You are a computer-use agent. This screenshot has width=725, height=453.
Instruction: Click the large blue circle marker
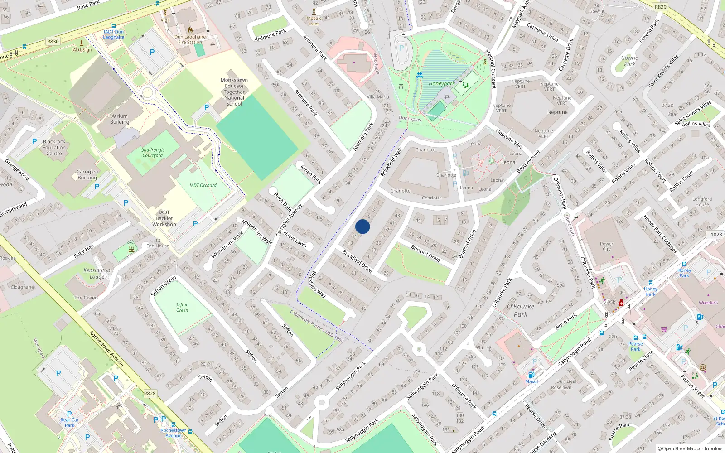click(x=362, y=226)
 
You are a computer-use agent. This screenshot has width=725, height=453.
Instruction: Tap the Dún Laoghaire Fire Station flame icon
click(x=190, y=30)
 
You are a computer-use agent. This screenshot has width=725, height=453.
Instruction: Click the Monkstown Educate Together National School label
click(x=234, y=92)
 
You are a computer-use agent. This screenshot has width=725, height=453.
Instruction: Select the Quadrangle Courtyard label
click(x=153, y=153)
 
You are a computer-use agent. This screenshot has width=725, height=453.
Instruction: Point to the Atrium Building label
click(x=120, y=119)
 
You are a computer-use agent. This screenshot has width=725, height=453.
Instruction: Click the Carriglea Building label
click(x=87, y=175)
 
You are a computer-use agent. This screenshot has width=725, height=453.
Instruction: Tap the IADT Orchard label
click(x=203, y=185)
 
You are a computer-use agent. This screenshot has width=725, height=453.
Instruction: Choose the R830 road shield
click(x=53, y=41)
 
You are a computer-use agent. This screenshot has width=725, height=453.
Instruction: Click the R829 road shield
click(x=661, y=7)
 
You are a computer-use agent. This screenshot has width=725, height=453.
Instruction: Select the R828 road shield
click(x=150, y=394)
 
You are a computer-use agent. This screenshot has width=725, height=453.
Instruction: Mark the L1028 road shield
click(x=715, y=235)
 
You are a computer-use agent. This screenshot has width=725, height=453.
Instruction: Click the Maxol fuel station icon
click(x=531, y=375)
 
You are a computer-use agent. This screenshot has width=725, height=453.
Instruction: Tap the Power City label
click(x=606, y=246)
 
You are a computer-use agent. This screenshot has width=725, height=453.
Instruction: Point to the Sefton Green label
click(x=182, y=308)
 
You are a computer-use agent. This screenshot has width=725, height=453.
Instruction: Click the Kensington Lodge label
click(x=97, y=273)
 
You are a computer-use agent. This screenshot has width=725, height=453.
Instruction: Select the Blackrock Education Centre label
click(x=54, y=148)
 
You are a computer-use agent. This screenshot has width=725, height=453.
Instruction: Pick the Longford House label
click(x=702, y=202)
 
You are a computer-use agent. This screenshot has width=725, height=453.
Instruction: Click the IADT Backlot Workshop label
click(x=164, y=218)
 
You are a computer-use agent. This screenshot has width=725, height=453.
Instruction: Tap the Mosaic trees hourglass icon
click(x=314, y=11)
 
